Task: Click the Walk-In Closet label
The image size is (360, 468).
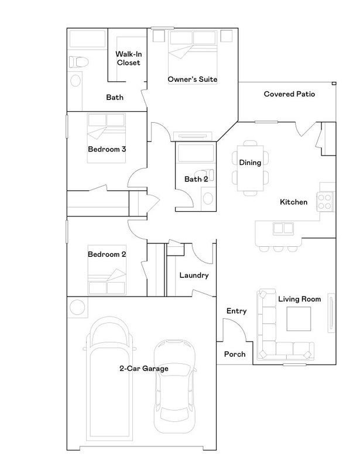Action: click(x=128, y=58)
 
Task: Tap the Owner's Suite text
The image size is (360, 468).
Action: click(x=193, y=79)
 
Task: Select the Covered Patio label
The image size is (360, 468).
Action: click(x=289, y=94)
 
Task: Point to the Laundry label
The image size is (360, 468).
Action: click(x=194, y=275)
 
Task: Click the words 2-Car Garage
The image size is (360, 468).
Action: click(x=143, y=369)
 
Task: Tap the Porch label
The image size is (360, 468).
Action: click(x=235, y=355)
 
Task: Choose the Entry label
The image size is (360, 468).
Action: click(x=236, y=311)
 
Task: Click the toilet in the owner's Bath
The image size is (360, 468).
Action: click(x=78, y=62)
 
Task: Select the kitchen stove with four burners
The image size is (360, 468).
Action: click(x=325, y=201)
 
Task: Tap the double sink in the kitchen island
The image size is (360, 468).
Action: click(x=283, y=229)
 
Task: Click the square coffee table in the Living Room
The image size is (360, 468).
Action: click(x=299, y=319)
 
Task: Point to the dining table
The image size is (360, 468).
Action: click(x=251, y=168)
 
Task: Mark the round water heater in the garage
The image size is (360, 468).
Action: click(x=77, y=307)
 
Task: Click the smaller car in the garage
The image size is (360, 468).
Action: click(x=175, y=386)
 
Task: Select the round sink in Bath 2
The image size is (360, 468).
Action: click(x=208, y=198)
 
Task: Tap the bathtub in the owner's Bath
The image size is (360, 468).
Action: click(x=88, y=39)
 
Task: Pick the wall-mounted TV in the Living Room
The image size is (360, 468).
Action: click(x=331, y=313)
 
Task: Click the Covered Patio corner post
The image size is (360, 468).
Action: click(x=334, y=83)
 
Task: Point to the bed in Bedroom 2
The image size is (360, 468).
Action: click(x=107, y=270)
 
